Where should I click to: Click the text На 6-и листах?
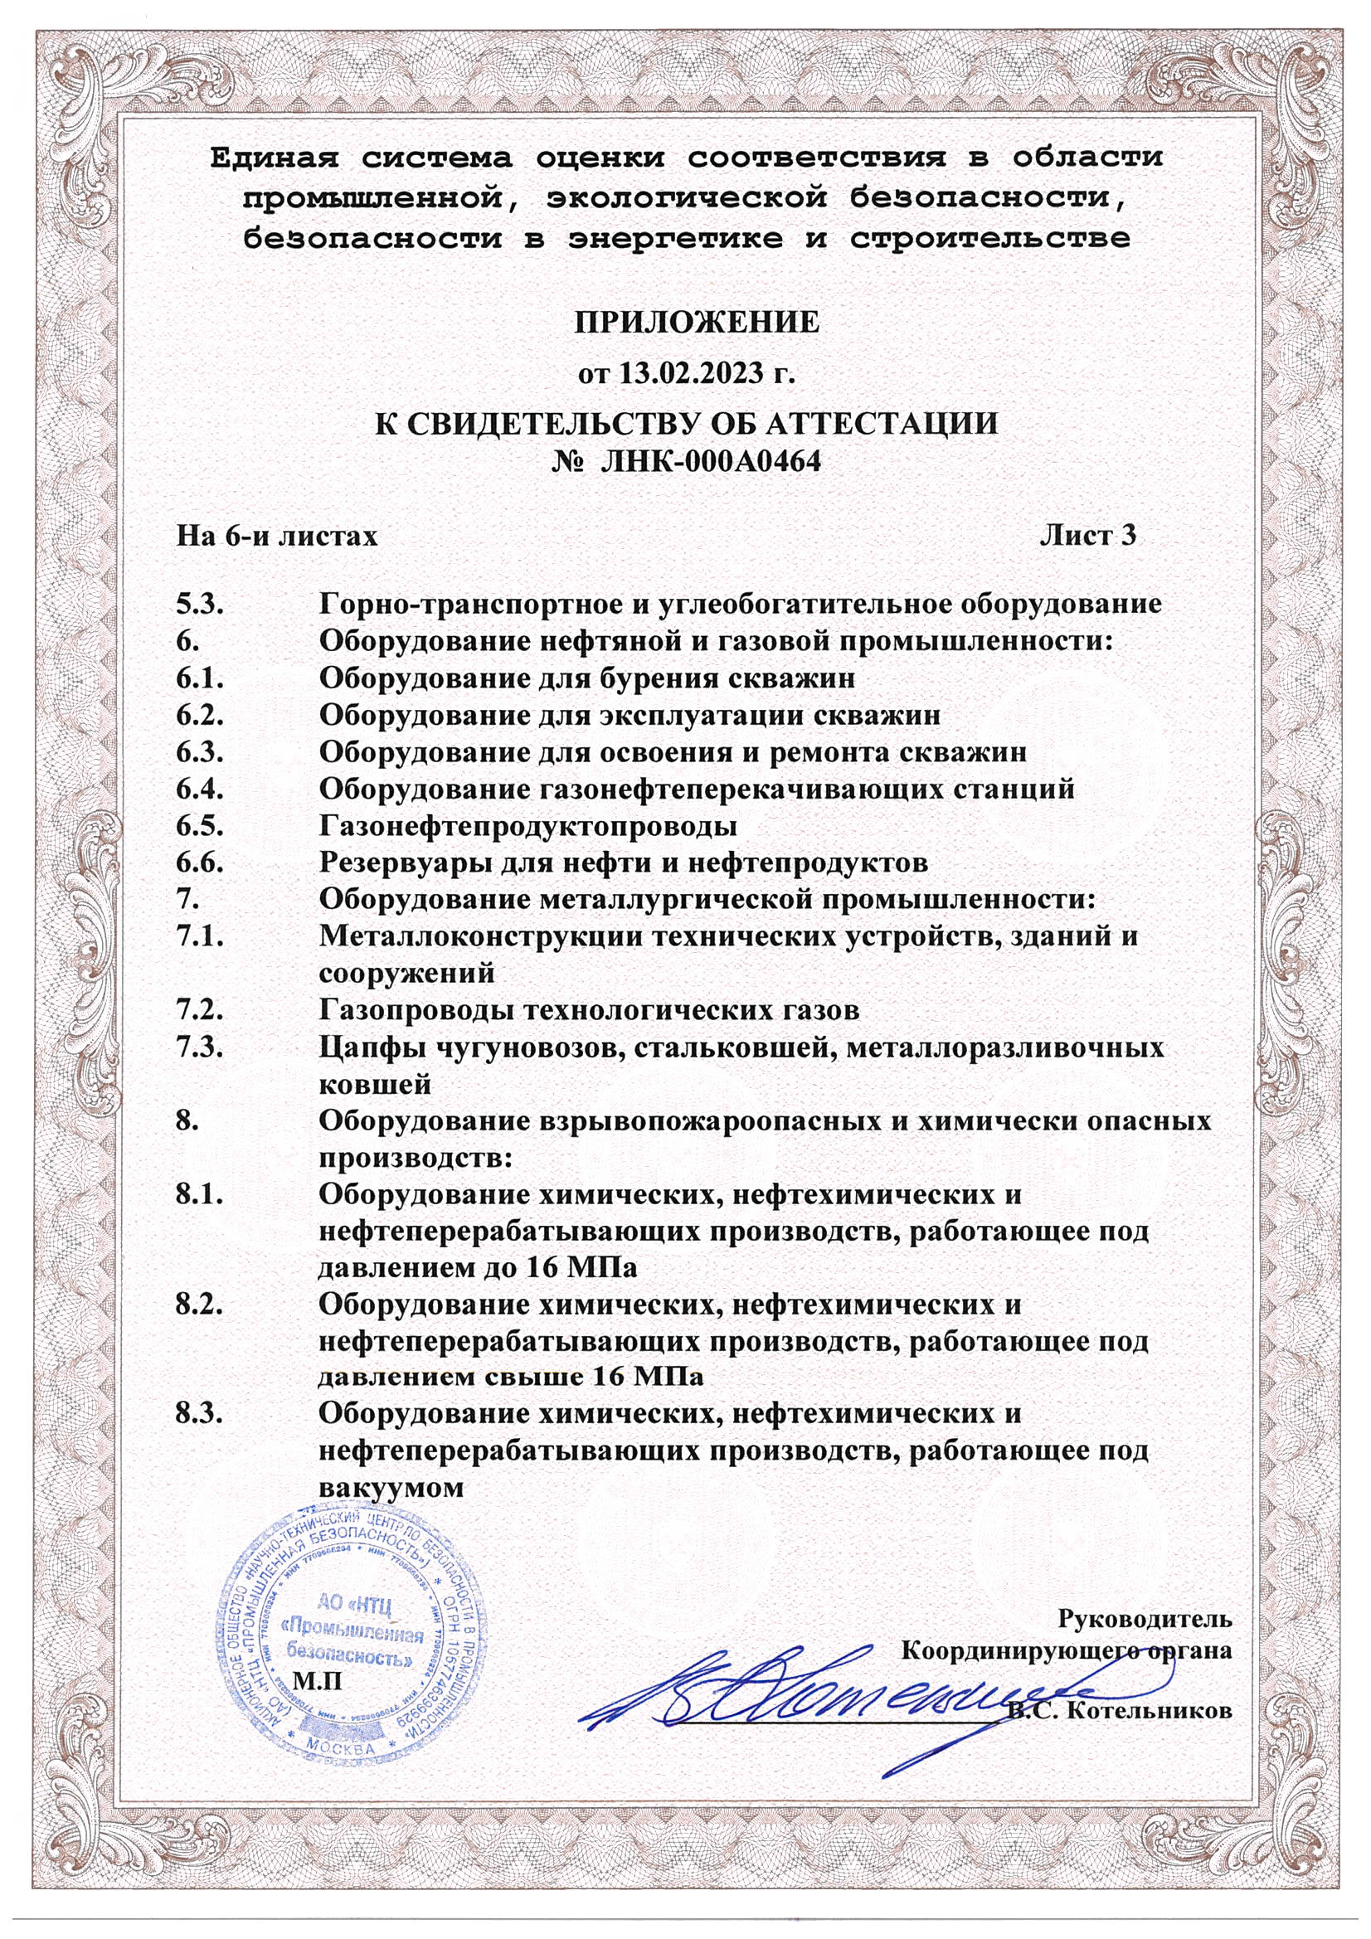276,536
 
